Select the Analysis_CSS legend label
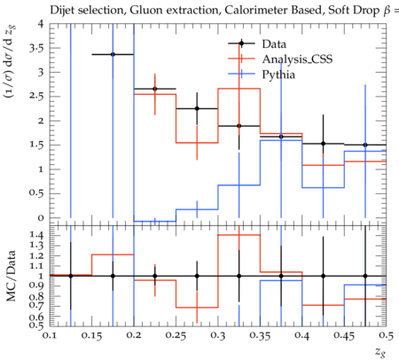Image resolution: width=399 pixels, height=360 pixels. [297, 59]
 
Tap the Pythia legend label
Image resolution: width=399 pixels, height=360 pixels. [278, 74]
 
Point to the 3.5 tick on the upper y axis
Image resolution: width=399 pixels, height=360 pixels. [36, 48]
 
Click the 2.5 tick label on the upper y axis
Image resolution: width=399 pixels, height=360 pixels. [36, 97]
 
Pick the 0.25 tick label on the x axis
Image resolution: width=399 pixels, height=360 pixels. [176, 336]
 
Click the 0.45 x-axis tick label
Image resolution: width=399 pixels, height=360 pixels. [344, 336]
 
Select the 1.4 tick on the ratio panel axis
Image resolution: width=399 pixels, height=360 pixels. [36, 235]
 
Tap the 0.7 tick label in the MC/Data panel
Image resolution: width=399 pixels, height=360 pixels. [36, 306]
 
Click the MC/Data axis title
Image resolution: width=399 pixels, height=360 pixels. [11, 276]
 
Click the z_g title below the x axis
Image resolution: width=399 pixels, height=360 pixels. [380, 352]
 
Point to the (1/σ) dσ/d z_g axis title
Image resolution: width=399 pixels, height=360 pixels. [11, 61]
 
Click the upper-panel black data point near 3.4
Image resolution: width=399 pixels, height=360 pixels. [113, 54]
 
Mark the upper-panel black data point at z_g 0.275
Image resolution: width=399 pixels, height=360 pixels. [197, 108]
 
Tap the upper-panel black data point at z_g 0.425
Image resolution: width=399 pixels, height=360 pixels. [324, 144]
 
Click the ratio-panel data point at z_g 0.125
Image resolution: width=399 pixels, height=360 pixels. [71, 276]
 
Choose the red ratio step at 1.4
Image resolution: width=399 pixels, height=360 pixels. [239, 235]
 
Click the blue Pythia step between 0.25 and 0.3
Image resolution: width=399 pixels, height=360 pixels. [197, 209]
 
